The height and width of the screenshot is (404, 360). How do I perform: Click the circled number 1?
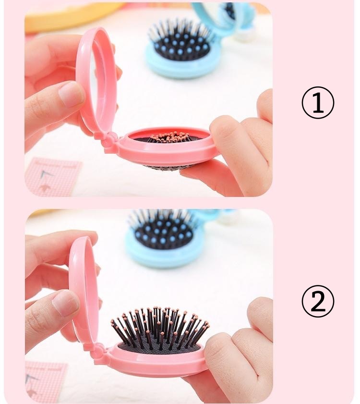pyautogui.click(x=318, y=102)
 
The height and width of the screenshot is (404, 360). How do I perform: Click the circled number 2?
pyautogui.click(x=318, y=301)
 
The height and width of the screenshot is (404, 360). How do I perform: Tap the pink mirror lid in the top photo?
pyautogui.click(x=96, y=80)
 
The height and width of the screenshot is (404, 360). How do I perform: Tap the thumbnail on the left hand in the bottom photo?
pyautogui.click(x=65, y=303)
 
